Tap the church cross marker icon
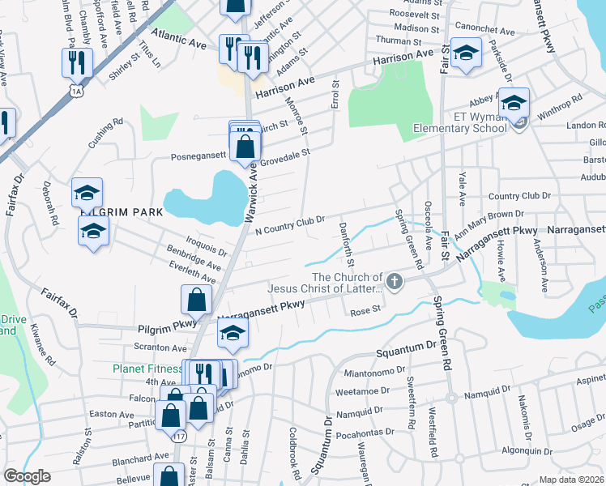click(394, 281)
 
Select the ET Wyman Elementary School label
click(459, 128)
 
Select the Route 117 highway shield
click(179, 436)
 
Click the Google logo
click(27, 476)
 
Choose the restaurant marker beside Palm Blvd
click(78, 62)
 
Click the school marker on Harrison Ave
click(466, 54)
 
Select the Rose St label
click(365, 310)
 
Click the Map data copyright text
click(570, 480)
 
